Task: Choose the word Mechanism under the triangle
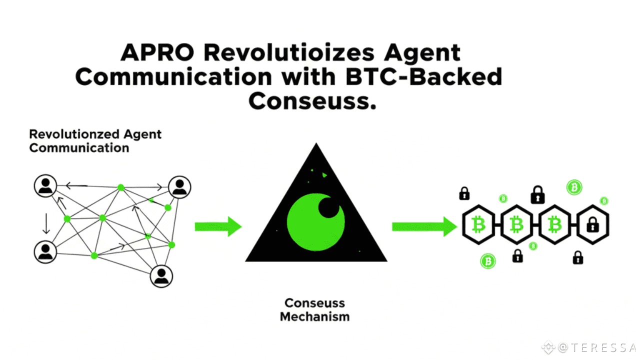314,316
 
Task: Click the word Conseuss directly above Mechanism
314,303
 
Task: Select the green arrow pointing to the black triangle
218,226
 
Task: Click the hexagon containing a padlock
593,225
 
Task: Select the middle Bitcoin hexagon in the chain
516,225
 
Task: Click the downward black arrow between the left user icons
46,223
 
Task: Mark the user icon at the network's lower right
161,276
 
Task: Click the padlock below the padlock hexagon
578,258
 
